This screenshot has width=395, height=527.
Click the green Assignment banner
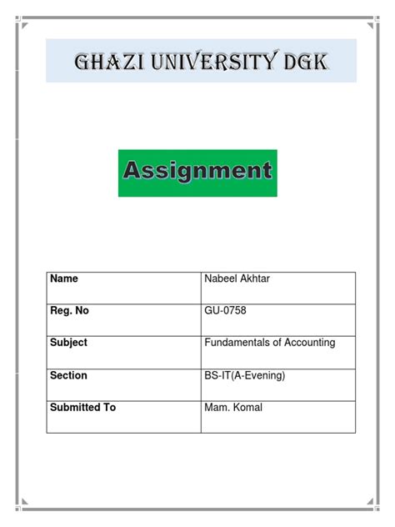(197, 173)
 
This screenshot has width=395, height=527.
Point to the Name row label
(64, 279)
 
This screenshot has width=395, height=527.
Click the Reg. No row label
(69, 311)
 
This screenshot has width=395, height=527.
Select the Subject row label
(68, 343)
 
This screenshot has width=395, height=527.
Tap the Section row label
(68, 375)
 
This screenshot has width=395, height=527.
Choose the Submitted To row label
(82, 408)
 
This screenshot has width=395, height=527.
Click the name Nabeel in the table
(220, 279)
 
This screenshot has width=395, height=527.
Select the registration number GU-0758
(225, 311)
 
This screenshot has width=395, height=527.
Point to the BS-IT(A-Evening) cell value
(245, 375)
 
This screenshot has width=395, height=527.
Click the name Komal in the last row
(248, 408)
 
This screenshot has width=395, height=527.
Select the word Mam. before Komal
(217, 408)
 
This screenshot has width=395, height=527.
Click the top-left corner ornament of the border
(24, 23)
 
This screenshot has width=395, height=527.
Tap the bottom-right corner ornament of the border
(372, 504)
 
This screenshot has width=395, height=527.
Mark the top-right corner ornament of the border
(372, 23)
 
